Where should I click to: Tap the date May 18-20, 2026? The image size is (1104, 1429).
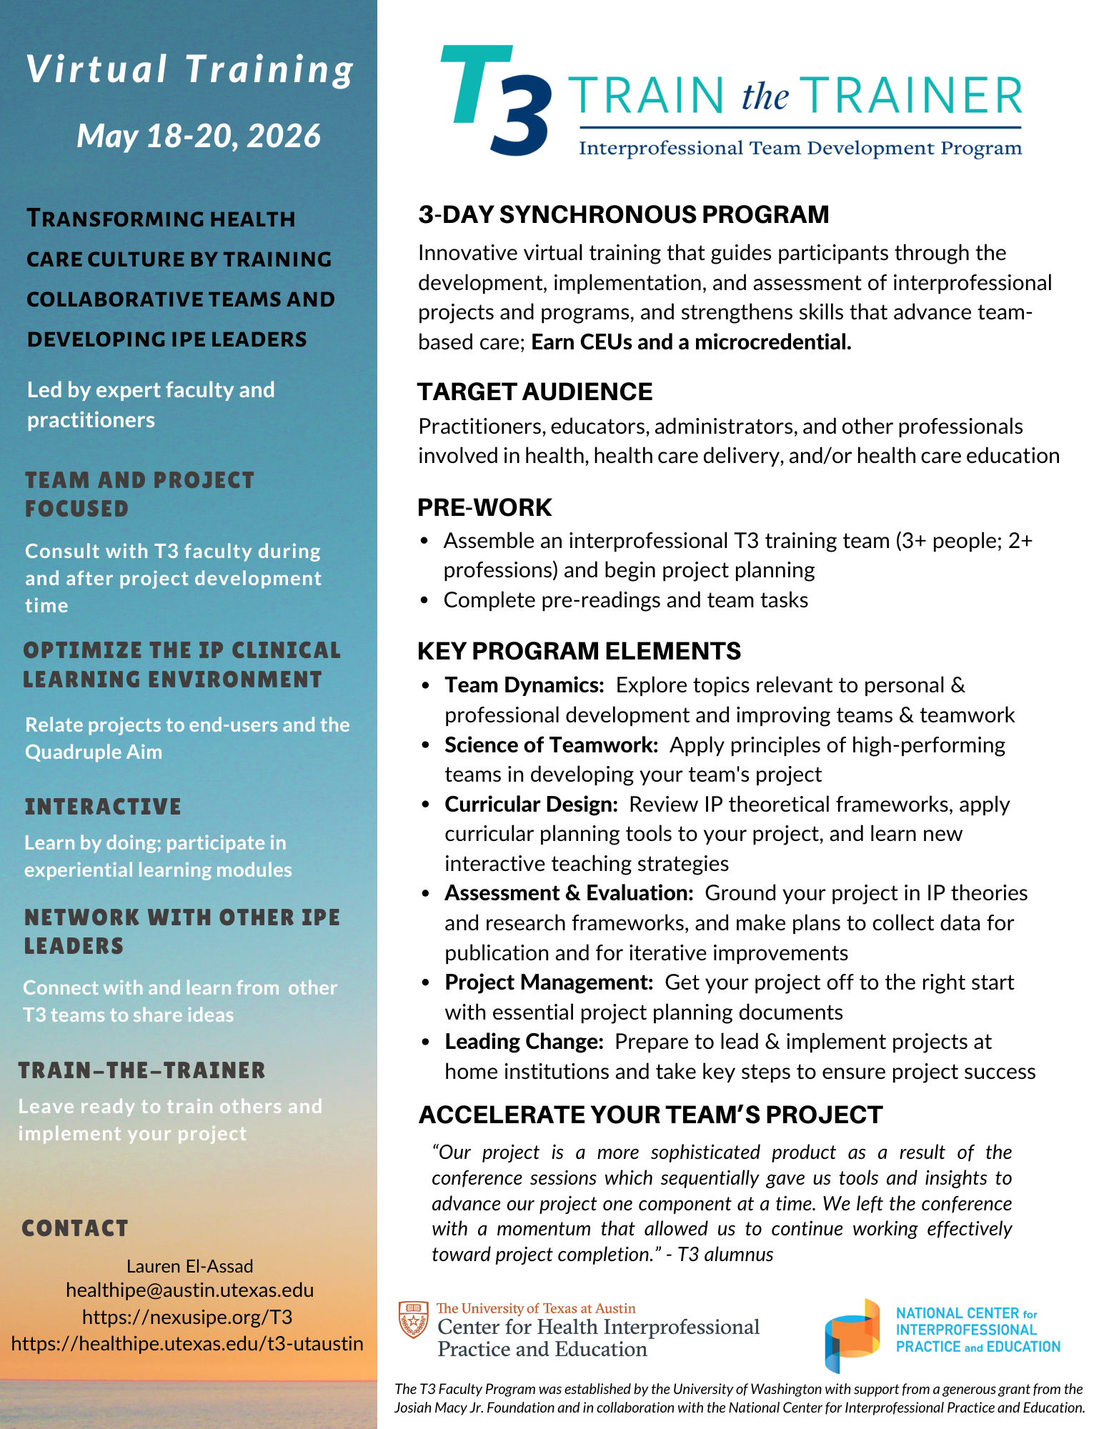point(199,136)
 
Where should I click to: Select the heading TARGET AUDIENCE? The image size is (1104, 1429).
point(534,392)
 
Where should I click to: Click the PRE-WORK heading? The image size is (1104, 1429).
point(484,507)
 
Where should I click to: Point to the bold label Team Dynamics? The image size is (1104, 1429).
point(524,685)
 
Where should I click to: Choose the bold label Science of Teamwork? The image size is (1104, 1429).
point(551,745)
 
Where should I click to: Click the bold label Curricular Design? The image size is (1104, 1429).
point(531,805)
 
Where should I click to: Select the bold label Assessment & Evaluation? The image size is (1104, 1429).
point(569,893)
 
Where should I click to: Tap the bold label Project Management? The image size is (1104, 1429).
point(549,982)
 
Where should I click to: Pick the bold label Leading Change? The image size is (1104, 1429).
point(524,1042)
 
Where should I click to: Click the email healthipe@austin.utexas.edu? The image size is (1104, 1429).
point(189,1290)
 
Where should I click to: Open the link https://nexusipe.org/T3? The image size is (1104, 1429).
point(187,1317)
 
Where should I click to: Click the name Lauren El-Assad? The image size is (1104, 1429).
point(189,1266)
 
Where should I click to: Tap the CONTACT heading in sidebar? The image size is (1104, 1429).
point(75,1228)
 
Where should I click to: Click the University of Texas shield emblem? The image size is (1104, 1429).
point(413,1320)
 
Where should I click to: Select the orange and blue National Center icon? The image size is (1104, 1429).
point(852,1335)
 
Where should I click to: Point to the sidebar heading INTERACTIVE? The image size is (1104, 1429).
point(103,807)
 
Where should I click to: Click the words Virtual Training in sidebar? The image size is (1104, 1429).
point(190,70)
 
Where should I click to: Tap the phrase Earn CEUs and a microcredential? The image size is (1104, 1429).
point(691,342)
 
